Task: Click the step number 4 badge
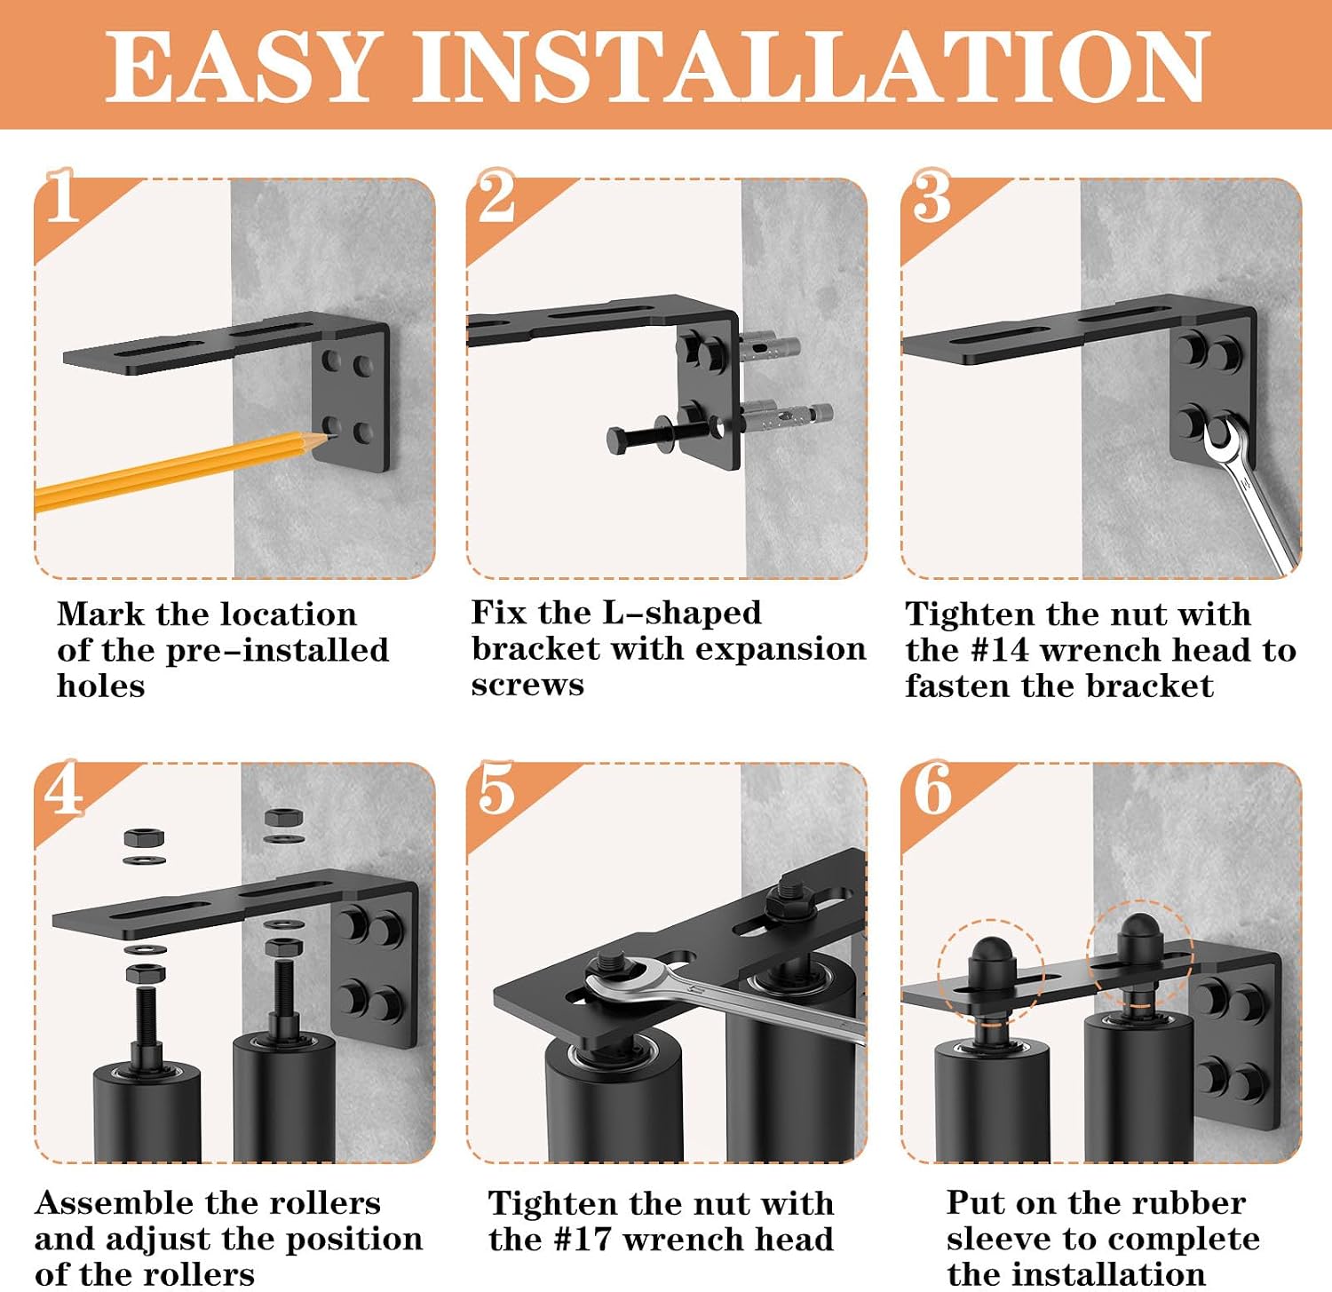64,788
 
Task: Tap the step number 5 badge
496,788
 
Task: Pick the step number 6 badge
932,788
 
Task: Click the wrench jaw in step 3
1223,436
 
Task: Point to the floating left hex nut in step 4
144,837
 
